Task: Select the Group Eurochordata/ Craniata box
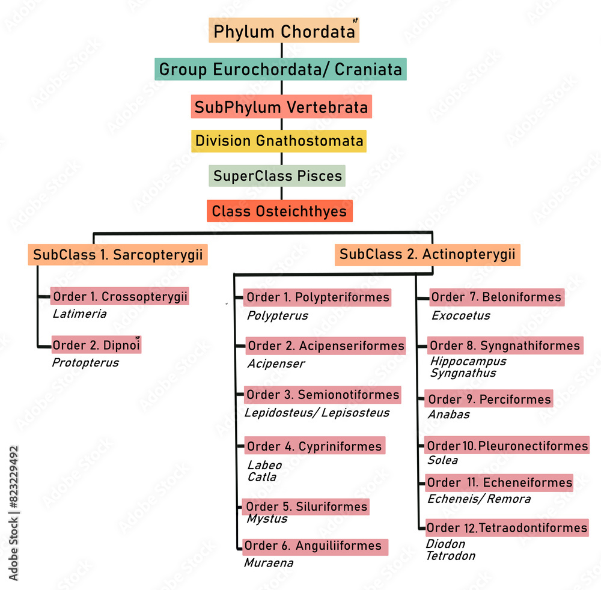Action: [x=281, y=69]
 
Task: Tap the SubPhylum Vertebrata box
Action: [x=281, y=107]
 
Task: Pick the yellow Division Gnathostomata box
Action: [x=279, y=141]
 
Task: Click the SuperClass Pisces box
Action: [x=278, y=176]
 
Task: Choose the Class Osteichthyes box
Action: [x=279, y=211]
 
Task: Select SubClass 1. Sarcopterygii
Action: [x=118, y=255]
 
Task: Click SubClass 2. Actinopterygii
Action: [x=427, y=254]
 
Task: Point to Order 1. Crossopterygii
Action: [x=120, y=297]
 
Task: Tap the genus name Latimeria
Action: [x=79, y=314]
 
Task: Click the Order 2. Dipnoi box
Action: [x=96, y=345]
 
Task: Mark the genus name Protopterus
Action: [x=85, y=363]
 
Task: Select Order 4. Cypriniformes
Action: [x=314, y=446]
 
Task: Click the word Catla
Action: [x=262, y=477]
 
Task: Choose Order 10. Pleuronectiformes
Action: [x=507, y=446]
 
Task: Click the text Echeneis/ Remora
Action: [x=479, y=499]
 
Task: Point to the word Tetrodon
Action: [x=450, y=556]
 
